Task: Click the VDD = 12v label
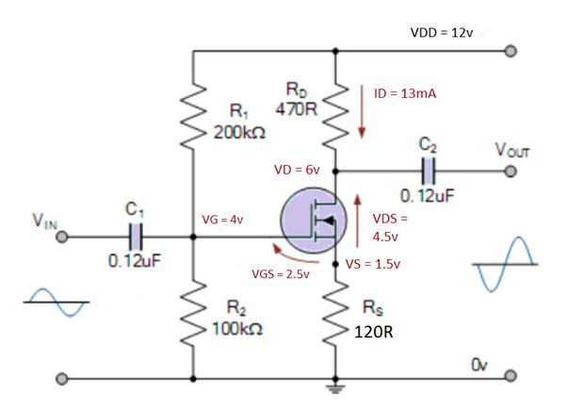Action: point(446,33)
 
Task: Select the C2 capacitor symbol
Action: point(429,172)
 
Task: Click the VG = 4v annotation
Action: point(224,220)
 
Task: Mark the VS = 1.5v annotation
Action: point(374,264)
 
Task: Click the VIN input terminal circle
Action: point(62,238)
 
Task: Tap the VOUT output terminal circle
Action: point(511,172)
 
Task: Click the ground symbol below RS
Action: point(336,386)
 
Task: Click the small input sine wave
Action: point(56,302)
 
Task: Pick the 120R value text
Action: point(374,332)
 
